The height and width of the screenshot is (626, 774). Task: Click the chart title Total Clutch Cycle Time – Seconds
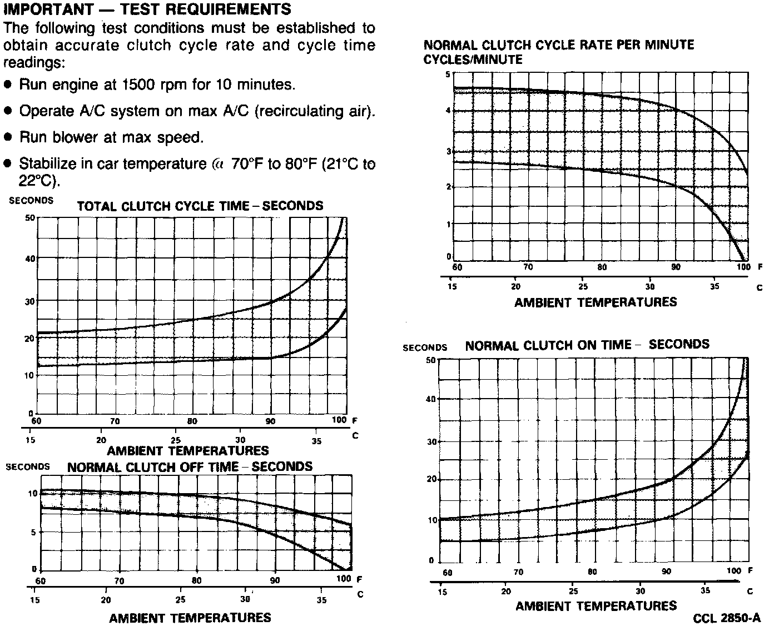(x=200, y=206)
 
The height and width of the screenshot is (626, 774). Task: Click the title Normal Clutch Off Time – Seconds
(x=190, y=467)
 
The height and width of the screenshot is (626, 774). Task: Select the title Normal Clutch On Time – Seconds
(x=587, y=345)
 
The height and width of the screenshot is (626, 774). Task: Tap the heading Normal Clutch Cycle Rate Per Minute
(x=559, y=45)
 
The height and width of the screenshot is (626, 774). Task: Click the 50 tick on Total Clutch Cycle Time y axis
(x=30, y=217)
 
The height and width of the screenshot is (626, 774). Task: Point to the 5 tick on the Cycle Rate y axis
(x=448, y=74)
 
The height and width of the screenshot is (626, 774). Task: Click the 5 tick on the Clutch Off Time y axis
(x=33, y=532)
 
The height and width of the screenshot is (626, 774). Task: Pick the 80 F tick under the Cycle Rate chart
(x=602, y=267)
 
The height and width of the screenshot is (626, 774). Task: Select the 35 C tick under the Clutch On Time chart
(x=706, y=590)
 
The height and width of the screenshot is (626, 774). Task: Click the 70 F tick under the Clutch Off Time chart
(x=120, y=582)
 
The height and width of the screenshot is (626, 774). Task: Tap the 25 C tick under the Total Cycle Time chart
(x=176, y=439)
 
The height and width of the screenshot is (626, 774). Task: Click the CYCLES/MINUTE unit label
(x=473, y=60)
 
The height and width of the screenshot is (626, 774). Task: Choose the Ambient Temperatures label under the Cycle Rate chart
(x=596, y=302)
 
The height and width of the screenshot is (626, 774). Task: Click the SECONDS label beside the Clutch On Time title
(x=425, y=348)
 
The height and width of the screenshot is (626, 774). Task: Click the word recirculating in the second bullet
(x=299, y=111)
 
